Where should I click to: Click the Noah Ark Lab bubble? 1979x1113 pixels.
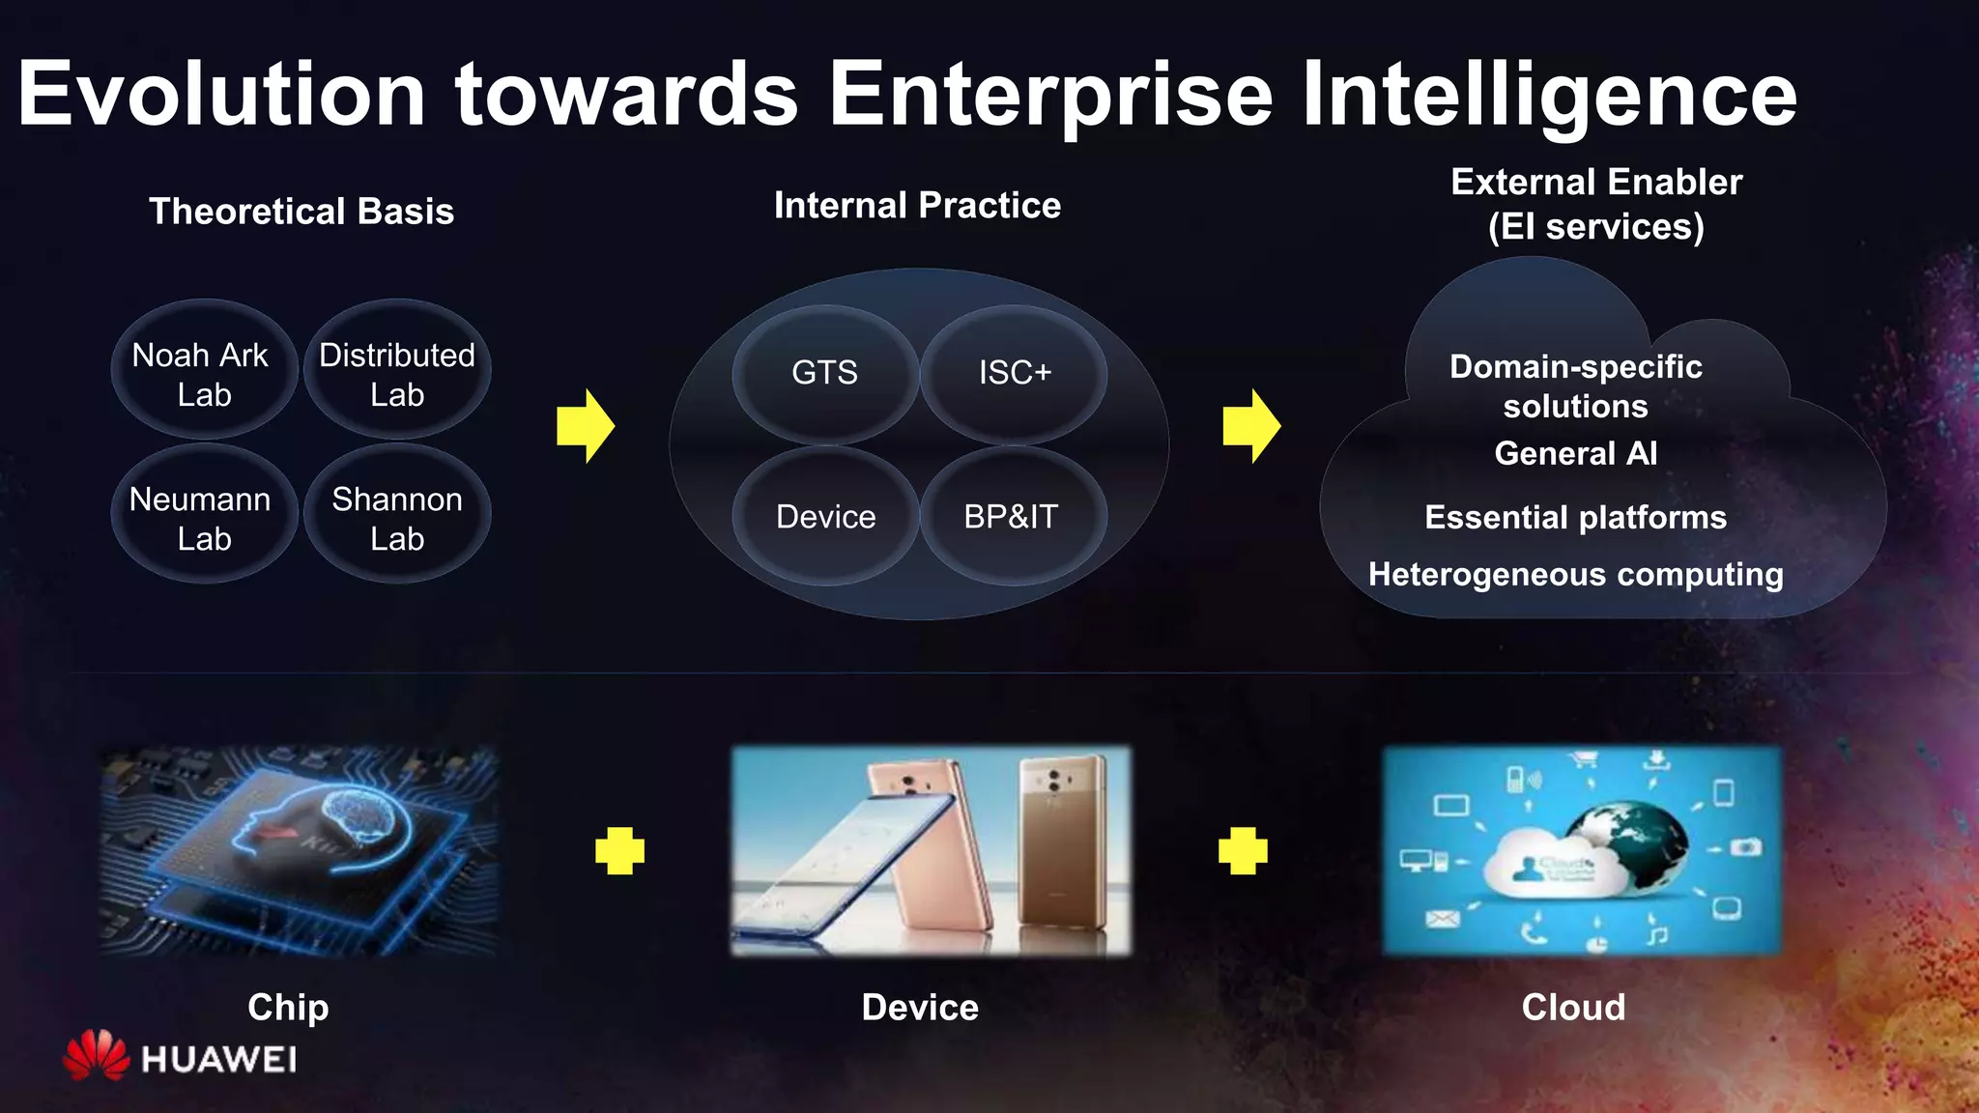(203, 373)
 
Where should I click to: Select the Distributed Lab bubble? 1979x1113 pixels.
(397, 373)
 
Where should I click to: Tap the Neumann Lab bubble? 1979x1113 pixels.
(203, 517)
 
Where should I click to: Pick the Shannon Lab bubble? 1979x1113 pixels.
(397, 517)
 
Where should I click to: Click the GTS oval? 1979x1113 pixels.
(824, 373)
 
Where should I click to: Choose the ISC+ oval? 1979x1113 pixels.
(1014, 373)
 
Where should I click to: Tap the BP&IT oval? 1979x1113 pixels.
(1012, 517)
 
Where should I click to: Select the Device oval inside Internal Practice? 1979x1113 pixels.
(825, 517)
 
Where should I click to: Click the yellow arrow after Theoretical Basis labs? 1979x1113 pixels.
(586, 426)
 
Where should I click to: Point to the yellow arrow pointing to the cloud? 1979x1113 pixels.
(1251, 426)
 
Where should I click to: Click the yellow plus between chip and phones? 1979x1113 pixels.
(619, 850)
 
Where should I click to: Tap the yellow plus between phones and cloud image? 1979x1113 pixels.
(1243, 850)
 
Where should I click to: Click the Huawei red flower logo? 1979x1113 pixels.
(96, 1055)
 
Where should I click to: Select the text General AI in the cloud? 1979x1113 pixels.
(1575, 453)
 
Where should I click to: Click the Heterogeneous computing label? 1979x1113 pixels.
(1575, 574)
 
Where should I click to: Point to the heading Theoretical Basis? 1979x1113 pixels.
(301, 212)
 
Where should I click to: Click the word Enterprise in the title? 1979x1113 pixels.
(1050, 95)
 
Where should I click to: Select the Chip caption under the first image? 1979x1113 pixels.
(288, 1007)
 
